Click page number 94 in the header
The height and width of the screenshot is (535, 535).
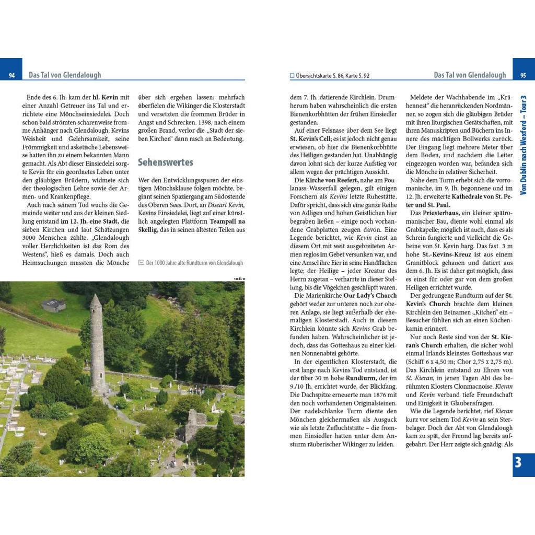(x=11, y=75)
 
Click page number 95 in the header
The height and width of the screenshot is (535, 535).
(x=523, y=75)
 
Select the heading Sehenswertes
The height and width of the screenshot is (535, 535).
(x=165, y=162)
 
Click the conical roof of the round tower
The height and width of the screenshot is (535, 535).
(x=95, y=301)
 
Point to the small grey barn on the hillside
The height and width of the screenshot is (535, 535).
(x=54, y=306)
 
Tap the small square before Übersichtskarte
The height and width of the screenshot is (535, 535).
(x=292, y=75)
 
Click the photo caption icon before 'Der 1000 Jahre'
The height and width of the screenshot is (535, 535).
(x=141, y=263)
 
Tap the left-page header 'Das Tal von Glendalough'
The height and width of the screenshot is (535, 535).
(x=65, y=75)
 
